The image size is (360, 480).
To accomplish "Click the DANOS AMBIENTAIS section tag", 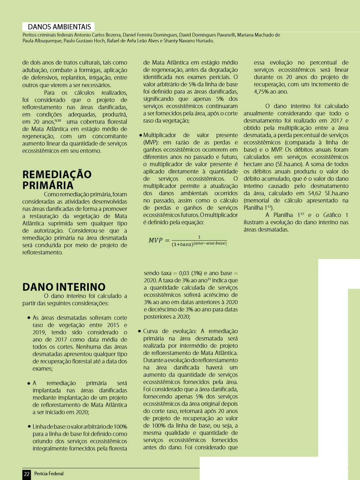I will point(59,27).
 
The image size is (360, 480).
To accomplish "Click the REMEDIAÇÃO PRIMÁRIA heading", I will point(57,179).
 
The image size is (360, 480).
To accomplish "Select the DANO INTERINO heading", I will point(64,287).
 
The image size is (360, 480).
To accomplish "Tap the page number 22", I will point(27,474).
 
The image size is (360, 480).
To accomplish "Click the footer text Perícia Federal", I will point(49,474).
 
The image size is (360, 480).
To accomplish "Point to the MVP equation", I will point(188,240).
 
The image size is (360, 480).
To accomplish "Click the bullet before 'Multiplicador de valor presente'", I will point(140,135).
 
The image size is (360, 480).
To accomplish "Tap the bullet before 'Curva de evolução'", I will point(139,331).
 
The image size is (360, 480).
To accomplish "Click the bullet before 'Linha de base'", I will point(29,426).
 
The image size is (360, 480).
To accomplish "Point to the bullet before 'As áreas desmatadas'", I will point(29,317).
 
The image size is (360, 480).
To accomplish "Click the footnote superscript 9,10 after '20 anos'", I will point(58,120).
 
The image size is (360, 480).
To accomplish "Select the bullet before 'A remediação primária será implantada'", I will point(29,383).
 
